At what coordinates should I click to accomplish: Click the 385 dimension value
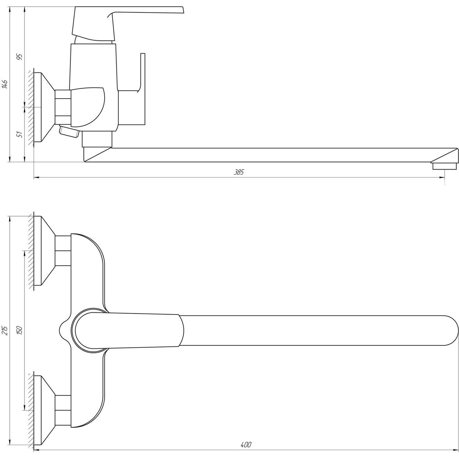239,172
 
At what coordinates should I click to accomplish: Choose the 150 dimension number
20,330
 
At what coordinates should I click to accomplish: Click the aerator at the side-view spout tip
444,166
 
